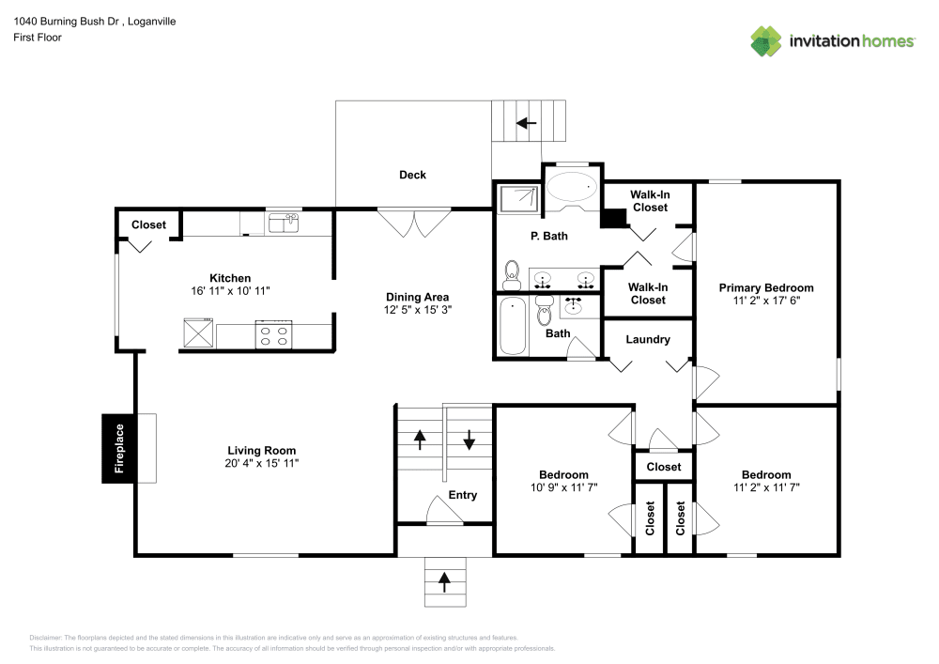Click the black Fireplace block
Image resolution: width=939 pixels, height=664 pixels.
[119, 448]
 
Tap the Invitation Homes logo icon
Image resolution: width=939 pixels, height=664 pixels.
[766, 41]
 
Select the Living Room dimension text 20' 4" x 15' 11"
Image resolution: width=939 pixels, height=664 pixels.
[261, 463]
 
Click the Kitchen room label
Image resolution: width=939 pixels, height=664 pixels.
[230, 278]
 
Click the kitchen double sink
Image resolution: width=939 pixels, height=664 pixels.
[283, 223]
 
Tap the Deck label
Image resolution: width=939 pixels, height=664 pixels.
[412, 175]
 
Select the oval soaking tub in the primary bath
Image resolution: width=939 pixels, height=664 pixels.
[572, 186]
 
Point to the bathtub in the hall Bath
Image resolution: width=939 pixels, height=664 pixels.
[512, 326]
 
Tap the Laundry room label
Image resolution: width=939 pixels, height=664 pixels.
[648, 339]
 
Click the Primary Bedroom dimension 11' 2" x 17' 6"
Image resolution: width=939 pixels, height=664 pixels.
[766, 301]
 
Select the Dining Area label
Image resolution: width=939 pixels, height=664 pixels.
[417, 297]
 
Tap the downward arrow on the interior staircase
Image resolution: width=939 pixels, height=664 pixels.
[469, 440]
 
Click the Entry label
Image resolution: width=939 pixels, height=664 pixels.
[463, 495]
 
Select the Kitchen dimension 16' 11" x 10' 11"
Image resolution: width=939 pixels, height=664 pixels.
[230, 291]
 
